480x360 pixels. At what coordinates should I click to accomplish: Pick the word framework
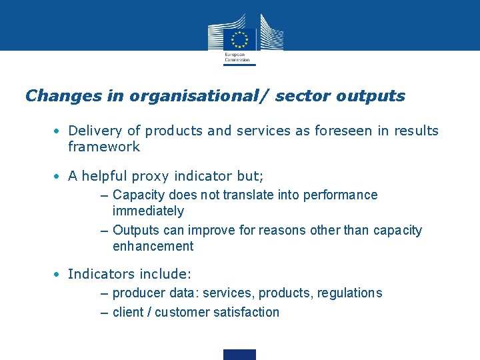click(104, 147)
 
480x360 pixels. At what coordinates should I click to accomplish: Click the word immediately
click(148, 211)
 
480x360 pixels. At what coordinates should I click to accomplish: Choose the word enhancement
click(153, 247)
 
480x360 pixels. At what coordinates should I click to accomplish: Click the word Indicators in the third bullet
click(99, 274)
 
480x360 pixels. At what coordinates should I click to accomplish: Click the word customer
click(180, 312)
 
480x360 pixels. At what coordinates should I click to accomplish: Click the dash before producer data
click(104, 293)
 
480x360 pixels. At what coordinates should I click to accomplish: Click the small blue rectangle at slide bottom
click(239, 355)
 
